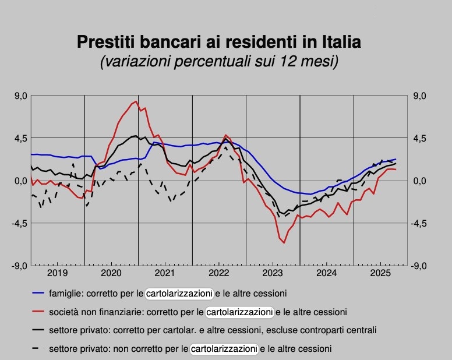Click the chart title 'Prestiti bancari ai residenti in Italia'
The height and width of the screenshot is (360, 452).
219,42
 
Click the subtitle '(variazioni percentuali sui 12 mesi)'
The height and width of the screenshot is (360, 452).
219,61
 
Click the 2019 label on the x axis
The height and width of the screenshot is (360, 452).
57,273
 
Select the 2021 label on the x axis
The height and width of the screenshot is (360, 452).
165,273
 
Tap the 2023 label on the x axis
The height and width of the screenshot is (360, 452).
273,273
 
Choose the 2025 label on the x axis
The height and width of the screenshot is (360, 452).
380,273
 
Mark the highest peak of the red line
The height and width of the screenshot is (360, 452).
136,101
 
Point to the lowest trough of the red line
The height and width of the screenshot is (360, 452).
284,242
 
